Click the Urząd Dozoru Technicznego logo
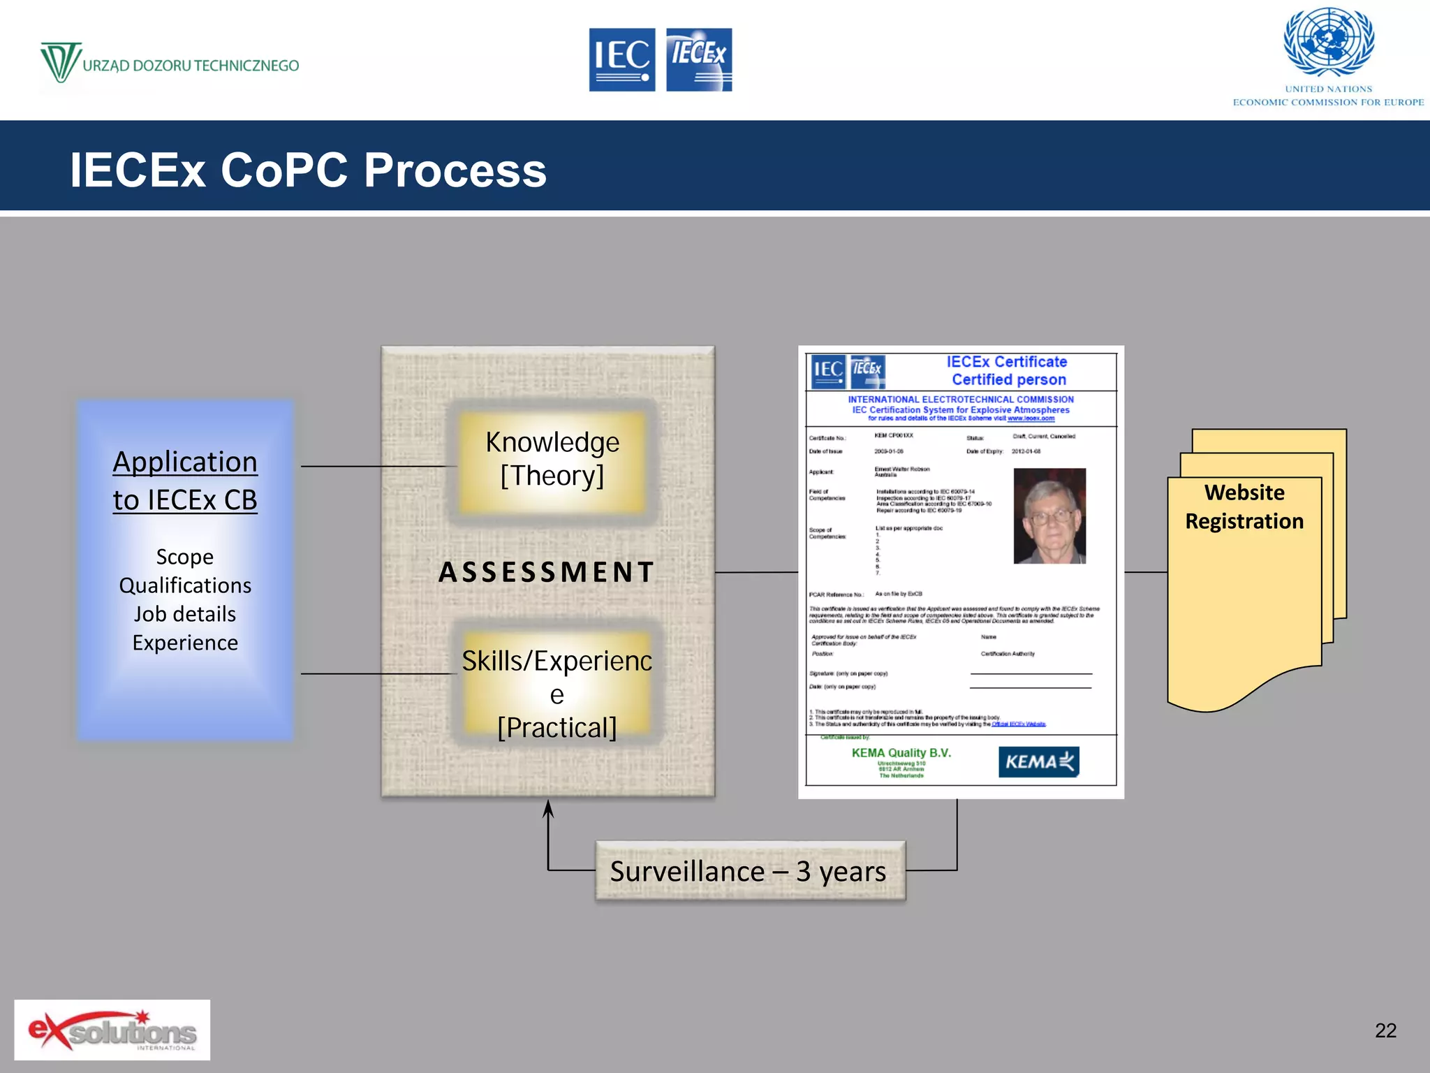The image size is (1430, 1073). [169, 64]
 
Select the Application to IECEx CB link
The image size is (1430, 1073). [185, 481]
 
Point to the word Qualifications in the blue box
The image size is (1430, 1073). [185, 585]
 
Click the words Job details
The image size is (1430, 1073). [185, 614]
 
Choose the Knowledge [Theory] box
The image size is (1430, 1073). [552, 459]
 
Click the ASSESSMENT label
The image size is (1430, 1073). [547, 572]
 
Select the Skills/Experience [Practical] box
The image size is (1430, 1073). [556, 693]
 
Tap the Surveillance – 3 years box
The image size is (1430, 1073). [749, 871]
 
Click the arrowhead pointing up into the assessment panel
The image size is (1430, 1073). [548, 810]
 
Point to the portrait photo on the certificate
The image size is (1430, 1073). [1049, 516]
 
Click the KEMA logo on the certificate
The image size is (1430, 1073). [1038, 761]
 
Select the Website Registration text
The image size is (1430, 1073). [1244, 507]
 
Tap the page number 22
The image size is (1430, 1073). [1385, 1030]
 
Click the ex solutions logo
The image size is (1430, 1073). [112, 1030]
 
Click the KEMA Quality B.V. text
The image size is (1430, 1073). [901, 752]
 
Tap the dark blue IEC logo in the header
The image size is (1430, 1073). [621, 59]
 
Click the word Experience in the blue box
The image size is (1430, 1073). [185, 643]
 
